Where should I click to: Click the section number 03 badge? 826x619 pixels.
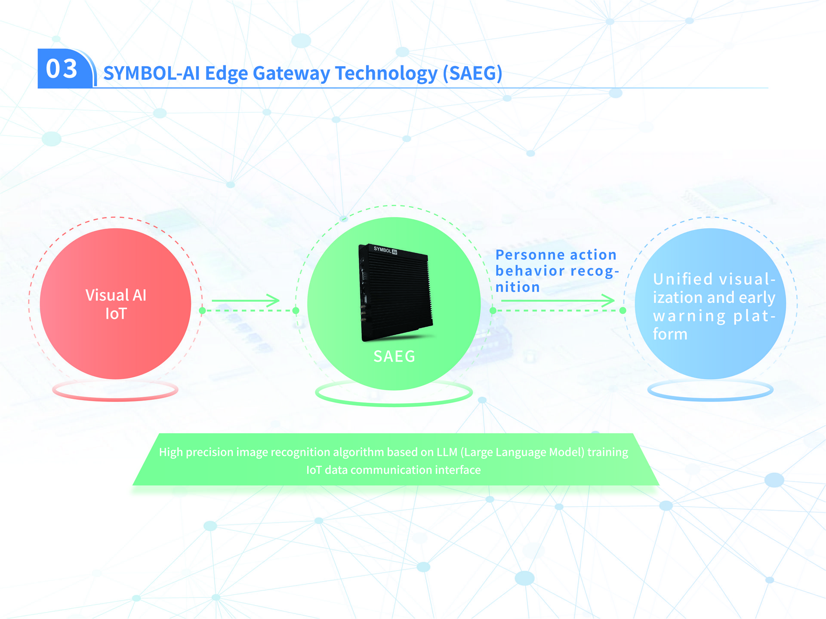[65, 68]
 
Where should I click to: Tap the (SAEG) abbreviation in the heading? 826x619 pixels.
[473, 73]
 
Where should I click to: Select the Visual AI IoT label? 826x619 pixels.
[116, 304]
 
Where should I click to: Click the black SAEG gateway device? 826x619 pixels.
[395, 292]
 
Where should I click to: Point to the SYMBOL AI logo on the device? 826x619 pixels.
[385, 250]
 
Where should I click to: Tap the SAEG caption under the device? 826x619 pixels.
[395, 356]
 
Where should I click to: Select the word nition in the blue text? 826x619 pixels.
[518, 287]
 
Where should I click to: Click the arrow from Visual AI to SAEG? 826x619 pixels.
[246, 301]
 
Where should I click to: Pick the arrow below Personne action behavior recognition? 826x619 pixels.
[558, 301]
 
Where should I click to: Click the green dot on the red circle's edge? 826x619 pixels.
[202, 310]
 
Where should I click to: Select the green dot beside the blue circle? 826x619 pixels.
[623, 310]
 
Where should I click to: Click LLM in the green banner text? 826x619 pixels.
[447, 452]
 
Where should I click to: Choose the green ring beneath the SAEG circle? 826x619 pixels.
[394, 404]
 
